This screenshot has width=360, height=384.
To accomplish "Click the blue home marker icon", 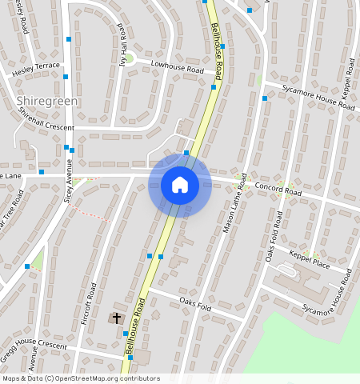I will click(x=180, y=185).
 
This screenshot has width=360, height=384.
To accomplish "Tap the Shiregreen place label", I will click(x=46, y=102).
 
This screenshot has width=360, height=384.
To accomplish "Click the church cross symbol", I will click(x=117, y=318).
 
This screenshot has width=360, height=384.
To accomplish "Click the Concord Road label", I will click(x=278, y=190).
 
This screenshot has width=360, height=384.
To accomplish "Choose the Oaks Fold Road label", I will click(x=274, y=238).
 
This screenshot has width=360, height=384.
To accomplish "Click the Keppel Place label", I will click(x=310, y=259).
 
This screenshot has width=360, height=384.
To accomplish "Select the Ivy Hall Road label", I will click(x=124, y=50).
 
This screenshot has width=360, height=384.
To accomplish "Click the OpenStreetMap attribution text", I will click(x=80, y=378).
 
